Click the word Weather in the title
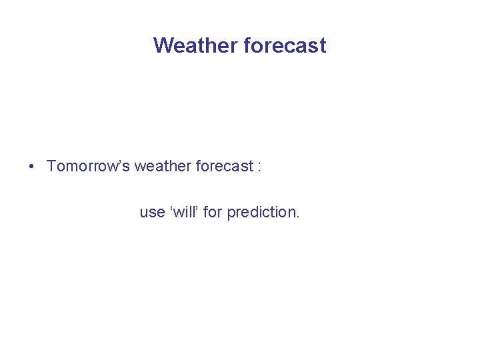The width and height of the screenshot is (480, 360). [x=196, y=45]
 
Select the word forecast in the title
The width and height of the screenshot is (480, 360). [x=285, y=45]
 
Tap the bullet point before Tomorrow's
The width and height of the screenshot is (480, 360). [x=32, y=166]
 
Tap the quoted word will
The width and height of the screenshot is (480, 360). [x=185, y=212]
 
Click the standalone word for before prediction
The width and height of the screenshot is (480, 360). [x=213, y=212]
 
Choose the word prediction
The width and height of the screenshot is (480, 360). [x=261, y=213]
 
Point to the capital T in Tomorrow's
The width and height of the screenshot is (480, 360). [x=51, y=166]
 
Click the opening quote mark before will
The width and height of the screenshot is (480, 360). [x=173, y=208]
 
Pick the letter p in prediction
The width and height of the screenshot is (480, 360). [x=231, y=214]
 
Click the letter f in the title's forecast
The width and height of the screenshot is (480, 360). [x=248, y=45]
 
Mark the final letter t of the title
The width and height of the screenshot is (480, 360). [x=323, y=46]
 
